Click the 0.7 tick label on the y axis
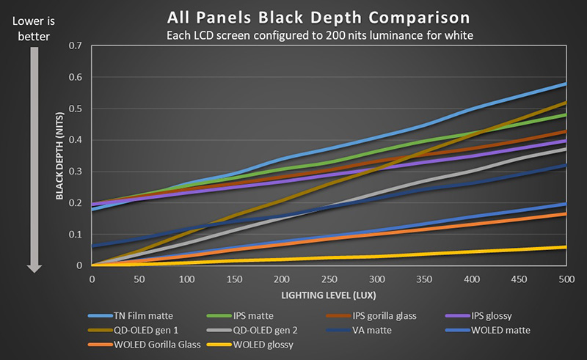[x=75, y=45]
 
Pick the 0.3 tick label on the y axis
[x=75, y=172]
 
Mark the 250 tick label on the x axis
[x=329, y=279]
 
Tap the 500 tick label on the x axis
[x=566, y=279]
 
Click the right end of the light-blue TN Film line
[x=566, y=84]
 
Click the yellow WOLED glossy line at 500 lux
[x=566, y=247]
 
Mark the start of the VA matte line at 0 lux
[x=92, y=246]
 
